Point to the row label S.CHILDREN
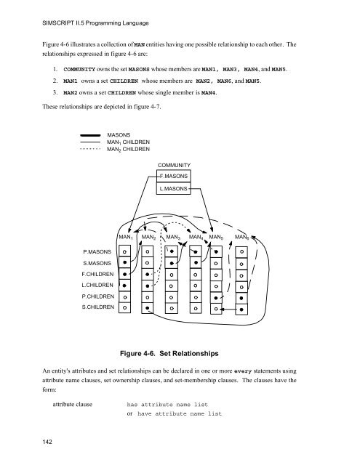pos(96,308)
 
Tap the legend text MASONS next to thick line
pos(118,135)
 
